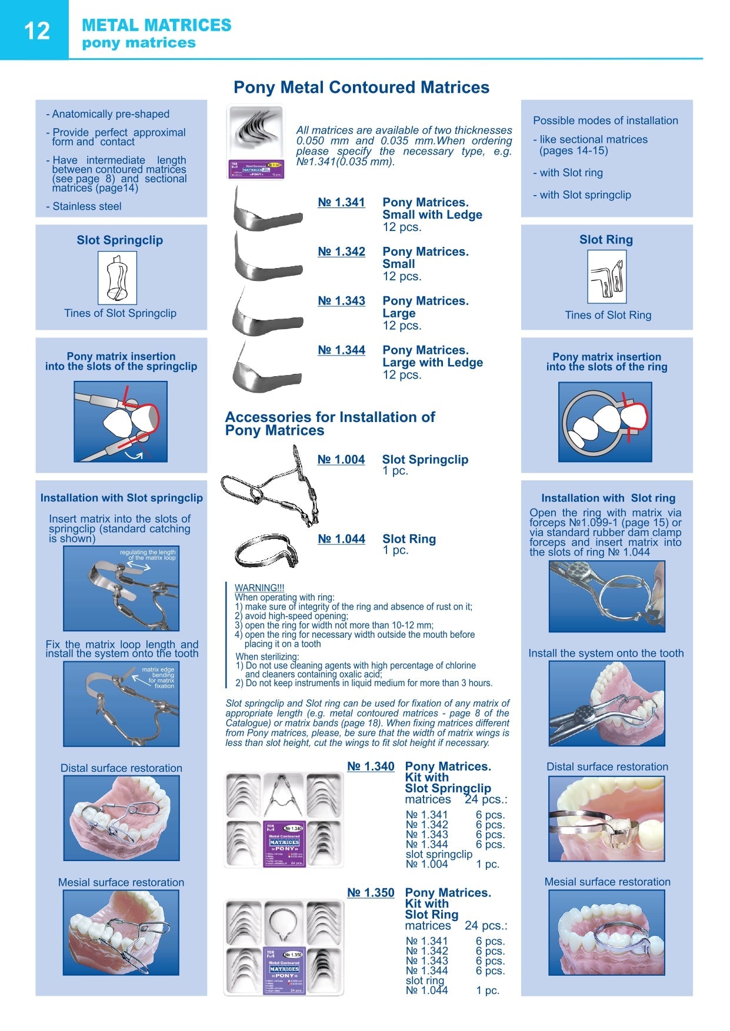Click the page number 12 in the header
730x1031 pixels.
pos(36,31)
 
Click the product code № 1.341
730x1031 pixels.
pos(341,203)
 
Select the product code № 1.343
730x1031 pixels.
pos(341,301)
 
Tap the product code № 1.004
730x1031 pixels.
pos(341,460)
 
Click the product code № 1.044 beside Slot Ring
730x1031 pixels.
pos(341,539)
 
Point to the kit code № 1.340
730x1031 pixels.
pos(371,766)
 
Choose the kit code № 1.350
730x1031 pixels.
pos(371,893)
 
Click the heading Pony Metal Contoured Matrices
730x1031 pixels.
pos(361,88)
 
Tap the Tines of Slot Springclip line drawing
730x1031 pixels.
pos(117,278)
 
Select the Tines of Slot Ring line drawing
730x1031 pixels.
pos(606,277)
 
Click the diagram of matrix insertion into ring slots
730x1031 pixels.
pos(605,422)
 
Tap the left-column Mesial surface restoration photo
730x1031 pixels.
pos(121,932)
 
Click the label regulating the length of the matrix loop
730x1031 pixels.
pos(148,555)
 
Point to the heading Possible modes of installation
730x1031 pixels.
pos(605,120)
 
